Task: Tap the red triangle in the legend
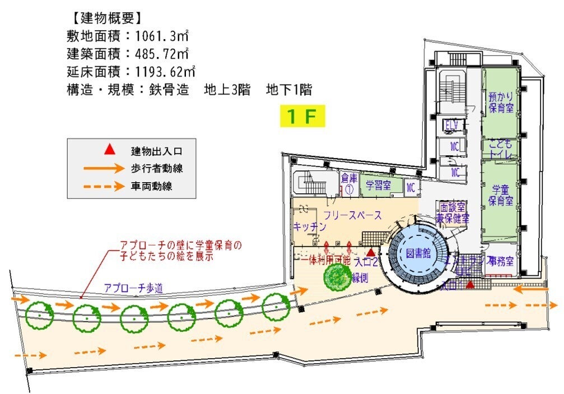click(110, 150)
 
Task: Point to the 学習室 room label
click(379, 186)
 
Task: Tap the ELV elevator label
click(452, 124)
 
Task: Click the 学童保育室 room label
click(501, 193)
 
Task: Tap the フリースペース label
click(353, 215)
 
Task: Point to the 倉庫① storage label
click(348, 183)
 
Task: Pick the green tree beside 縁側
click(338, 277)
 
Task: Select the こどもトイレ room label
click(501, 147)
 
